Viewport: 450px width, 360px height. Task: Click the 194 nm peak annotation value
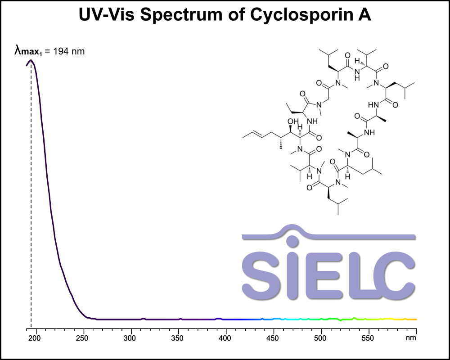pos(69,51)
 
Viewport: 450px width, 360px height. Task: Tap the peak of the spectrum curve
pos(31,60)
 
